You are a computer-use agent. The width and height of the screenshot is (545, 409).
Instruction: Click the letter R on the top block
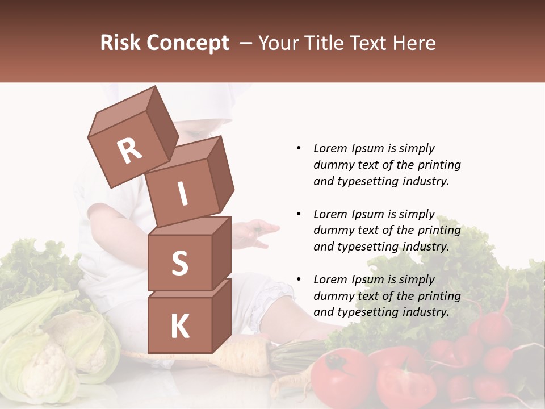129,151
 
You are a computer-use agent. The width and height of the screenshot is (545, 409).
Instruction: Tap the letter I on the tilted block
182,194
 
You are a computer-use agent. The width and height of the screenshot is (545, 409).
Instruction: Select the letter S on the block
179,263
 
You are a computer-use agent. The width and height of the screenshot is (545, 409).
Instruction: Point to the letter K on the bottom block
179,327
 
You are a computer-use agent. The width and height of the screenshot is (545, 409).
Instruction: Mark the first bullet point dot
299,149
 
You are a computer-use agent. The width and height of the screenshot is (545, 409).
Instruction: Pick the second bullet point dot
299,214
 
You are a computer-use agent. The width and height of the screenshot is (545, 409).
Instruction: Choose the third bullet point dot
299,279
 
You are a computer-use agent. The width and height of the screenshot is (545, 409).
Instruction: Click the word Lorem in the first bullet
329,149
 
